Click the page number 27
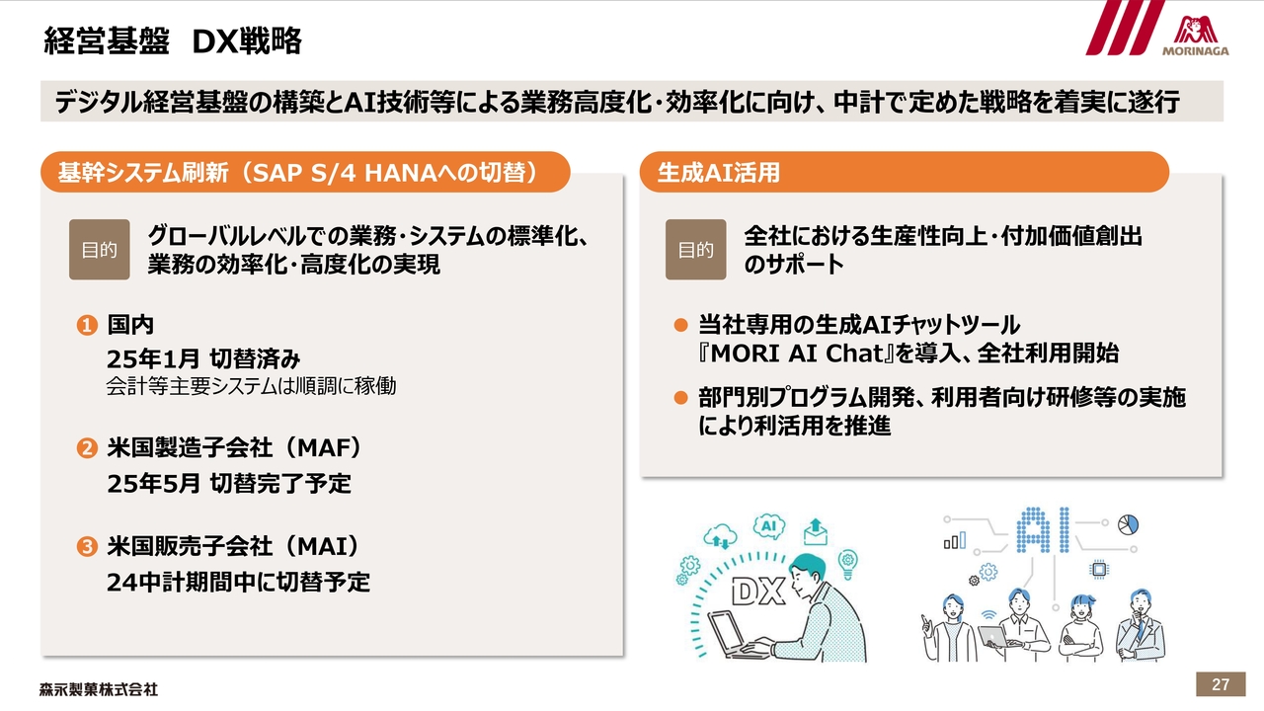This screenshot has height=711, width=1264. coord(1220,684)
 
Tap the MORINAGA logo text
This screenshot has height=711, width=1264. coord(1195,50)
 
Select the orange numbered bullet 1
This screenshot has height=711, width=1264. coord(87,325)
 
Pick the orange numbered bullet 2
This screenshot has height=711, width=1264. coord(87,448)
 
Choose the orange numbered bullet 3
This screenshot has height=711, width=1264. coord(87,546)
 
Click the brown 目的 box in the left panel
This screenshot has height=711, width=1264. coord(100,250)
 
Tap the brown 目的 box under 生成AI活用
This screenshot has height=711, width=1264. coord(696,250)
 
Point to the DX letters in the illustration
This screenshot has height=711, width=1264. coord(757,592)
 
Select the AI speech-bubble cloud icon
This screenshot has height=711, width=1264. coord(769,526)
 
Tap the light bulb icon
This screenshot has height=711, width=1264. coord(847,564)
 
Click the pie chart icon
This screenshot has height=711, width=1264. coord(1128,524)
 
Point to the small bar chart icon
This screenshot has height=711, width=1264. coord(955,540)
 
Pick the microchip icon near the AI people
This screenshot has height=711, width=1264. coord(1098,570)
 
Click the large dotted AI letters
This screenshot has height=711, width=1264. coord(1043,530)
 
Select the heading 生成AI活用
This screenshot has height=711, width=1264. coord(718,173)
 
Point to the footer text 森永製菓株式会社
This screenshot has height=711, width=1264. coord(99,689)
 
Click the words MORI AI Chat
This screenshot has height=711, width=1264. coord(796,354)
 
